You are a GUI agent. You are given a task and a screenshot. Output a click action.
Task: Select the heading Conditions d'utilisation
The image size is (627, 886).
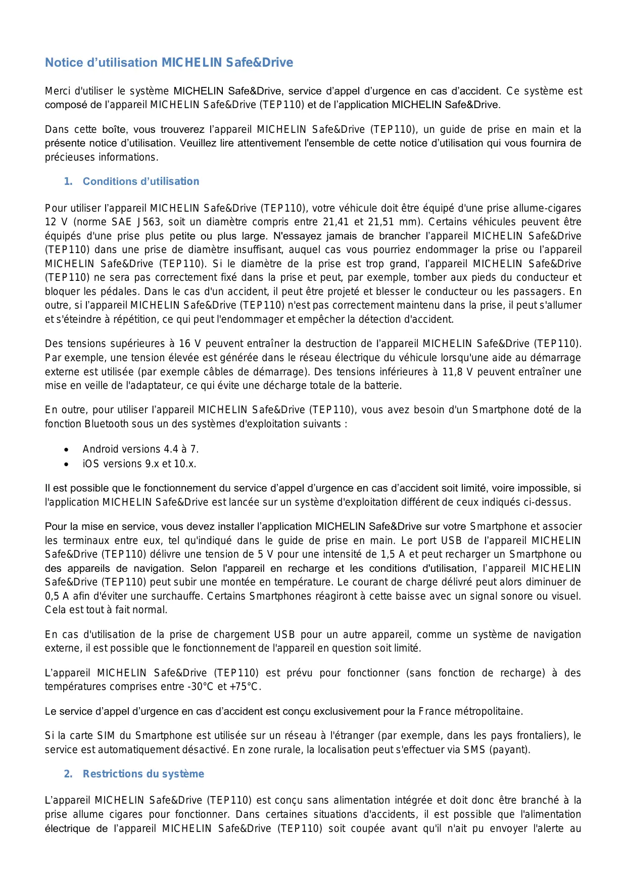(x=140, y=181)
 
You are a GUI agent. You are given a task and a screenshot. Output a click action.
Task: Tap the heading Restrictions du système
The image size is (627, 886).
(x=143, y=774)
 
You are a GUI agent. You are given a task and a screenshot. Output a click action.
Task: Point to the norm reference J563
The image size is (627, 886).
(x=149, y=222)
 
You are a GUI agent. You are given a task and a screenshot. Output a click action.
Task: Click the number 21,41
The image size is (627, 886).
(x=336, y=222)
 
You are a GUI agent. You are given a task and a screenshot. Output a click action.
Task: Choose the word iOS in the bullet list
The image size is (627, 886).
(x=91, y=464)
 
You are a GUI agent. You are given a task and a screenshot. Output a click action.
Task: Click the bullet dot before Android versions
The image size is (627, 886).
(x=66, y=450)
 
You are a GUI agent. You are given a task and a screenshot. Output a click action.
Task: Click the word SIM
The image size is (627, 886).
(x=106, y=736)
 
